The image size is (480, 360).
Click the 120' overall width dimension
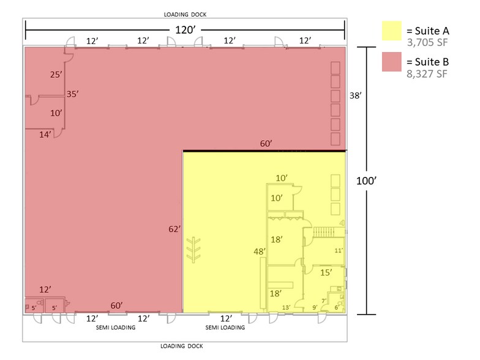[185, 29]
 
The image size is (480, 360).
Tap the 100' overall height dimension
[366, 181]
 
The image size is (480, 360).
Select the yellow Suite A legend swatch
[392, 31]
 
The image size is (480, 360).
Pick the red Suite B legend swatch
[392, 61]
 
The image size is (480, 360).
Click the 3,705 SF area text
[427, 42]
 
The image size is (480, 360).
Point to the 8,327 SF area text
[427, 73]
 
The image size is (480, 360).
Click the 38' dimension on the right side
[355, 96]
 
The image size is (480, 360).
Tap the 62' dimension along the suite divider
[174, 229]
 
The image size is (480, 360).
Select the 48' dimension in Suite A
[260, 252]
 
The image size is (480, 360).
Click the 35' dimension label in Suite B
[72, 94]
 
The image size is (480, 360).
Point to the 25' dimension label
[56, 75]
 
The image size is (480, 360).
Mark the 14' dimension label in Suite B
[45, 135]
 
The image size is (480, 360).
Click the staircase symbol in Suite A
[324, 231]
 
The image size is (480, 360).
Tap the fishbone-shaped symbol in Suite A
[193, 250]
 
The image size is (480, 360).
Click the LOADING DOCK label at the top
[185, 15]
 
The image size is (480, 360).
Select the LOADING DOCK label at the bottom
[182, 346]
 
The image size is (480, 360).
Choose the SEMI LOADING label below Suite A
[225, 327]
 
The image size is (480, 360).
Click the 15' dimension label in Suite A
[326, 272]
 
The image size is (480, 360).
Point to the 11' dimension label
[339, 251]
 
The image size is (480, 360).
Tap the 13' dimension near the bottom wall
[287, 307]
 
